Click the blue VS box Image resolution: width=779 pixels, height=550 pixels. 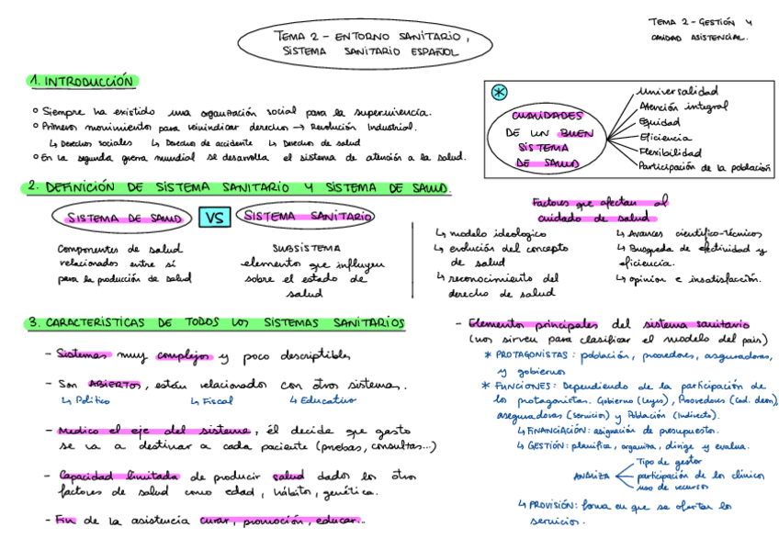click(x=214, y=218)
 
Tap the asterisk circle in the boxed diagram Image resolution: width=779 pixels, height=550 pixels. click(x=499, y=93)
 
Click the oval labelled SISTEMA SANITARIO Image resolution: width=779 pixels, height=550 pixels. click(x=306, y=217)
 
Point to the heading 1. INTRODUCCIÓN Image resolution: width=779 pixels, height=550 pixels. click(x=82, y=82)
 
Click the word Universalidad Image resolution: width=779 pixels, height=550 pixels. click(x=678, y=92)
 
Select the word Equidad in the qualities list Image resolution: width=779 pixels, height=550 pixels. click(x=660, y=121)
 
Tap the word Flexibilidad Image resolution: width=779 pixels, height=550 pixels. click(x=671, y=152)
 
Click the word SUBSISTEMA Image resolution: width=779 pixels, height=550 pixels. click(x=306, y=247)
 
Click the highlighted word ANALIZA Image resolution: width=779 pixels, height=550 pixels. click(x=591, y=477)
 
